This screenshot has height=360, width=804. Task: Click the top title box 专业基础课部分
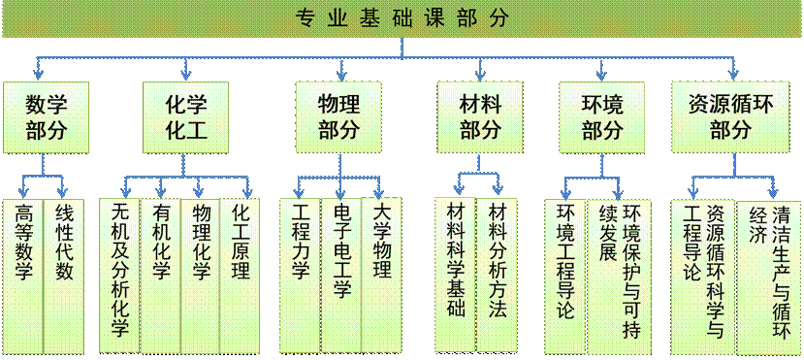(402, 18)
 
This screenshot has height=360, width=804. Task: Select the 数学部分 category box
(46, 116)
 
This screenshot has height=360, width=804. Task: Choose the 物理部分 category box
(338, 116)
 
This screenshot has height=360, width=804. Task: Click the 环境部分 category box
(602, 116)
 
